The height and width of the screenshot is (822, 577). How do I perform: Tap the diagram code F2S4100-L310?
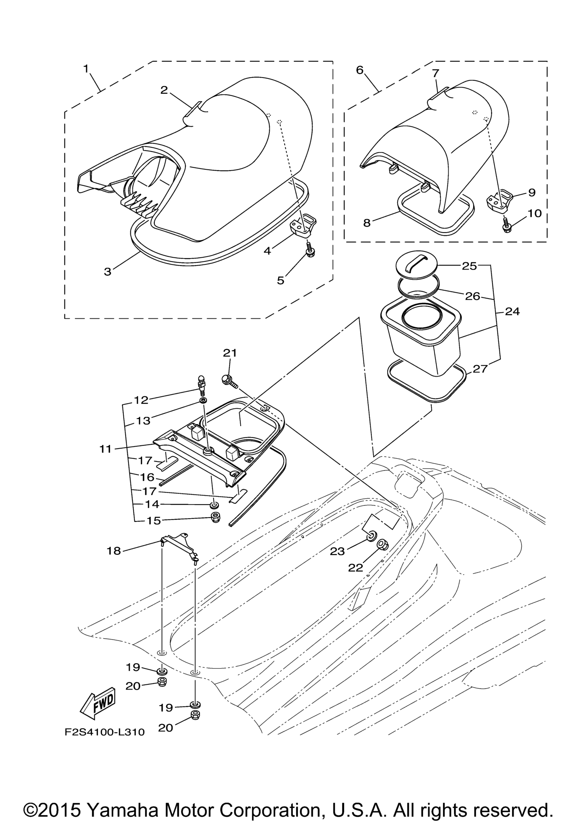(x=105, y=732)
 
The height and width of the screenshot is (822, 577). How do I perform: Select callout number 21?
(x=230, y=353)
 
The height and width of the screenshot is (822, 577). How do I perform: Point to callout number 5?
(x=281, y=280)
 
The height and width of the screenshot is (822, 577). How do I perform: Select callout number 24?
(x=512, y=311)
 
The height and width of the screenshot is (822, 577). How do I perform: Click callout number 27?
(x=480, y=368)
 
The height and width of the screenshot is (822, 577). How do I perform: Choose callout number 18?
(x=114, y=551)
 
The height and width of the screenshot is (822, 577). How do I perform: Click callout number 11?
(x=106, y=448)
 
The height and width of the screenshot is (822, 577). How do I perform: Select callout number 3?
(x=108, y=271)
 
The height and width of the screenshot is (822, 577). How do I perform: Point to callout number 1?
(x=86, y=68)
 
